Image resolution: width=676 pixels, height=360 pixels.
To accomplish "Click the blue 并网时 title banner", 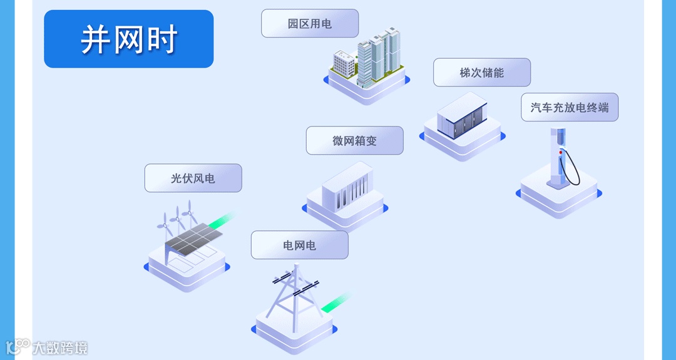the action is (x=128, y=39).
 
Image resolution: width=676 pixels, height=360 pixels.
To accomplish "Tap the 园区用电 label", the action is (x=310, y=24).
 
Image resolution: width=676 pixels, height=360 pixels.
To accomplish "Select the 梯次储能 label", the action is (x=481, y=73).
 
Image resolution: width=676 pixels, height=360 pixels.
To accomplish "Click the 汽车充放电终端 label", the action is (x=570, y=108).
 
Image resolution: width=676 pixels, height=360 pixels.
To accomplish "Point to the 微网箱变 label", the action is (x=354, y=141).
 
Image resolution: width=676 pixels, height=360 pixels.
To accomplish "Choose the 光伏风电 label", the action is (x=193, y=178).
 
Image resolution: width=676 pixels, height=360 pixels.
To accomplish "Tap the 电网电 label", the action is (x=299, y=245).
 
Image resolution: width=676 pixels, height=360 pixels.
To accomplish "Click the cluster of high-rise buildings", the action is (x=379, y=55).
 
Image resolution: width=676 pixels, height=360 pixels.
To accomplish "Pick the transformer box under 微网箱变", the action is (x=347, y=187).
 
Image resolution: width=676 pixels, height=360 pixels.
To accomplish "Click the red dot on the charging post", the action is (x=561, y=152).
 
